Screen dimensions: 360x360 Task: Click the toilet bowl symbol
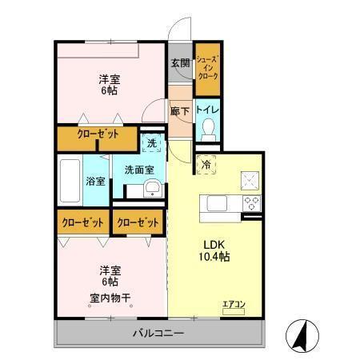click(208, 128)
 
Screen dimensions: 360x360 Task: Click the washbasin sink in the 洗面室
click(152, 189)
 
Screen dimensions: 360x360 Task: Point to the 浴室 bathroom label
click(95, 182)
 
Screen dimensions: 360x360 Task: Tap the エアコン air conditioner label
click(234, 304)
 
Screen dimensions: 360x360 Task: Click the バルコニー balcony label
click(158, 332)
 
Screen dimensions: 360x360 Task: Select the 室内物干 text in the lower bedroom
click(110, 298)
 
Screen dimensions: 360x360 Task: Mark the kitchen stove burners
click(252, 201)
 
